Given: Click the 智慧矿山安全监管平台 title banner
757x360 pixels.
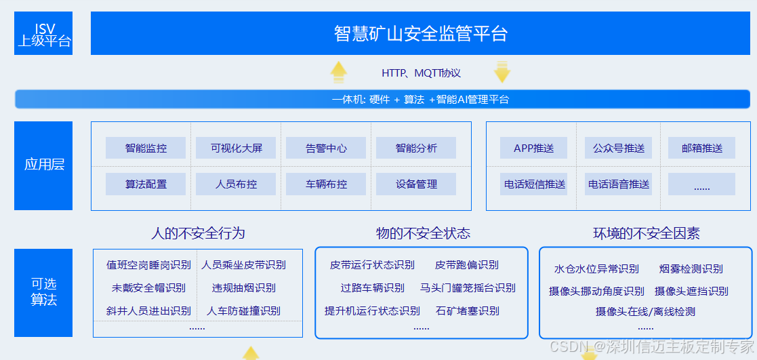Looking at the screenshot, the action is tap(420, 33).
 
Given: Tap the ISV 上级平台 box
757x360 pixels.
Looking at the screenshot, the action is tap(43, 33).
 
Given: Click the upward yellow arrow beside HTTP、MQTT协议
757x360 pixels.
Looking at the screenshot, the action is tap(339, 73).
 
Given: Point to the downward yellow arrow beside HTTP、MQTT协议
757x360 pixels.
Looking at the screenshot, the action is tap(502, 73).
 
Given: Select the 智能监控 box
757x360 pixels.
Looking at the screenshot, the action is tap(146, 148).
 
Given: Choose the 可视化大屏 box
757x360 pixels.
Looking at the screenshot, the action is tap(236, 148).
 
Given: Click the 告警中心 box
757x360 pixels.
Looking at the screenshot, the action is tap(327, 148).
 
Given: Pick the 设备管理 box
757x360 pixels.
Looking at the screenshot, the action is tap(416, 184).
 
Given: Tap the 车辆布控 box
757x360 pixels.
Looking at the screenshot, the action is tap(327, 184).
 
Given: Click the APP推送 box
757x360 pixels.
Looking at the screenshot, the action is tap(533, 148).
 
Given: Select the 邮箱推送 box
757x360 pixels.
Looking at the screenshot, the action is tap(702, 148).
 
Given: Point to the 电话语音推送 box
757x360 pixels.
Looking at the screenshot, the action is tap(619, 184).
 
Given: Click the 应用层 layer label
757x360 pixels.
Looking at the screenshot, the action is tap(43, 165).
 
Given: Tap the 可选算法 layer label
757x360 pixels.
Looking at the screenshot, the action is tap(43, 292).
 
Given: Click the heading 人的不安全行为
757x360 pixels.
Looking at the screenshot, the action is tap(198, 233).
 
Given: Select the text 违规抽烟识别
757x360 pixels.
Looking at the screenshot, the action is tap(244, 288).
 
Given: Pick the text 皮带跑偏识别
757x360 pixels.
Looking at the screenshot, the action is tap(467, 265).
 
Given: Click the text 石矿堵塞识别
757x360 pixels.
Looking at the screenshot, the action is tap(467, 311).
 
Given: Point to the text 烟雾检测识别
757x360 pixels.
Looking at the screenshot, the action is tap(691, 268).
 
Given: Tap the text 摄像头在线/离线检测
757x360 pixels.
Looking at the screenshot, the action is tap(645, 312).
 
